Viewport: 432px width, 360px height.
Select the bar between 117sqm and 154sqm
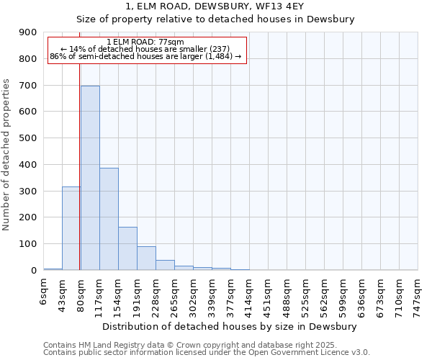(109, 219)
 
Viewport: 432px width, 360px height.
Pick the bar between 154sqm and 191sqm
(127, 248)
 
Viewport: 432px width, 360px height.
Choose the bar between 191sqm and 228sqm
(146, 258)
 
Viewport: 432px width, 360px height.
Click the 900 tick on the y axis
(28, 32)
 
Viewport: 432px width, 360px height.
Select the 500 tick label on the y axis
(28, 138)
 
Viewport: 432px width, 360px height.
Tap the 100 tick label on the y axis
(28, 244)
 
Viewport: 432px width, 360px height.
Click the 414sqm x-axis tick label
(249, 294)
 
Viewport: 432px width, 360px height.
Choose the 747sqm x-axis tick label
(418, 294)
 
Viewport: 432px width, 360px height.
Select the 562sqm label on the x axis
(324, 294)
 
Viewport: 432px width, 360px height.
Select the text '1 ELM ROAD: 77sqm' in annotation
(145, 42)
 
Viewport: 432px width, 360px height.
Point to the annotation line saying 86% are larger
(145, 56)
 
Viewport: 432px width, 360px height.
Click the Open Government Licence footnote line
(207, 353)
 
